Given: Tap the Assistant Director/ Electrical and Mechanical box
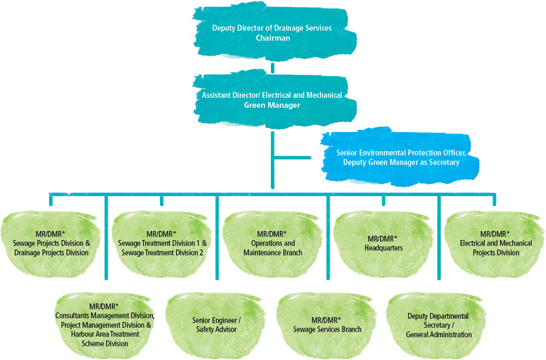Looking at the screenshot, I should pyautogui.click(x=272, y=100).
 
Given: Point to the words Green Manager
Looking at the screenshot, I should pyautogui.click(x=272, y=105).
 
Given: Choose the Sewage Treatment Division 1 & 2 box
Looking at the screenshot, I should pyautogui.click(x=161, y=243).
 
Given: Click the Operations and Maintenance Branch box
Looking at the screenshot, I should pyautogui.click(x=273, y=243).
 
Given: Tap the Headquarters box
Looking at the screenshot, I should pyautogui.click(x=383, y=243).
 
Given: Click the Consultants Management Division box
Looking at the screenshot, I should pyautogui.click(x=105, y=324).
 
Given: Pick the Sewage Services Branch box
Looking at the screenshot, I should pyautogui.click(x=327, y=324).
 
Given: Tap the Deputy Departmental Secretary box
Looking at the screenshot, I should pyautogui.click(x=438, y=324).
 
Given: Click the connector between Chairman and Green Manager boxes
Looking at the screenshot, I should pyautogui.click(x=272, y=69).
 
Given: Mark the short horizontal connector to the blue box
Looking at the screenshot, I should pyautogui.click(x=292, y=158).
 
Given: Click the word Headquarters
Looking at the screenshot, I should pyautogui.click(x=383, y=247).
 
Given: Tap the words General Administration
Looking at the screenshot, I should pyautogui.click(x=438, y=334).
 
